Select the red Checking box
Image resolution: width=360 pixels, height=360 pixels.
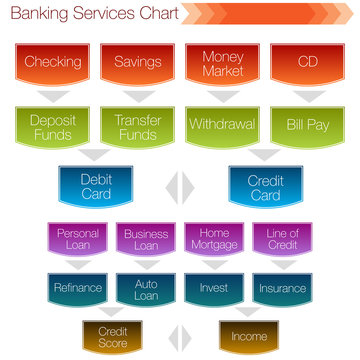coord(53,63)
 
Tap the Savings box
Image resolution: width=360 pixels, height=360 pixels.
coord(138,63)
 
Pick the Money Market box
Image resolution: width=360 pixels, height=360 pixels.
coord(222,63)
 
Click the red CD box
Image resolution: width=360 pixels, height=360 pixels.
coord(306,63)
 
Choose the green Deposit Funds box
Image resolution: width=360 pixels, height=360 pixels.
coord(53,127)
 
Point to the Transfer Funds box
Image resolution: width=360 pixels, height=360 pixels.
coord(138,127)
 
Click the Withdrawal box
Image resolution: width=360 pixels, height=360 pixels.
coord(222,127)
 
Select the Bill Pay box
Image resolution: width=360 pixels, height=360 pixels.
coord(306,127)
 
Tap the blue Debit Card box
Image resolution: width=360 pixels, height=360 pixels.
coord(95,188)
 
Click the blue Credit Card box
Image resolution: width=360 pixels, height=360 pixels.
coord(265,188)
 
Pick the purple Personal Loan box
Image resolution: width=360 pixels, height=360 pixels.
coord(78,240)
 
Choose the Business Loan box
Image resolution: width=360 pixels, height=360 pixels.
coord(146,240)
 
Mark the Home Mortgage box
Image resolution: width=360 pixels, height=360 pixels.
coord(214,240)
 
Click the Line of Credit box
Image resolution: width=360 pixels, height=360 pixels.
coord(282,240)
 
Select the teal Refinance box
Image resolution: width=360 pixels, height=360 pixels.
coord(78,288)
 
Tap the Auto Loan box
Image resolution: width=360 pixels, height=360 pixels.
coord(146,288)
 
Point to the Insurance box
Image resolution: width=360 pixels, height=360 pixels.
coord(282,288)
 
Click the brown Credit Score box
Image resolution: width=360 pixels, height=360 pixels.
coord(112,336)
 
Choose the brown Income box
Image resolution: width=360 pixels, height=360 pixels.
coord(249,336)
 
